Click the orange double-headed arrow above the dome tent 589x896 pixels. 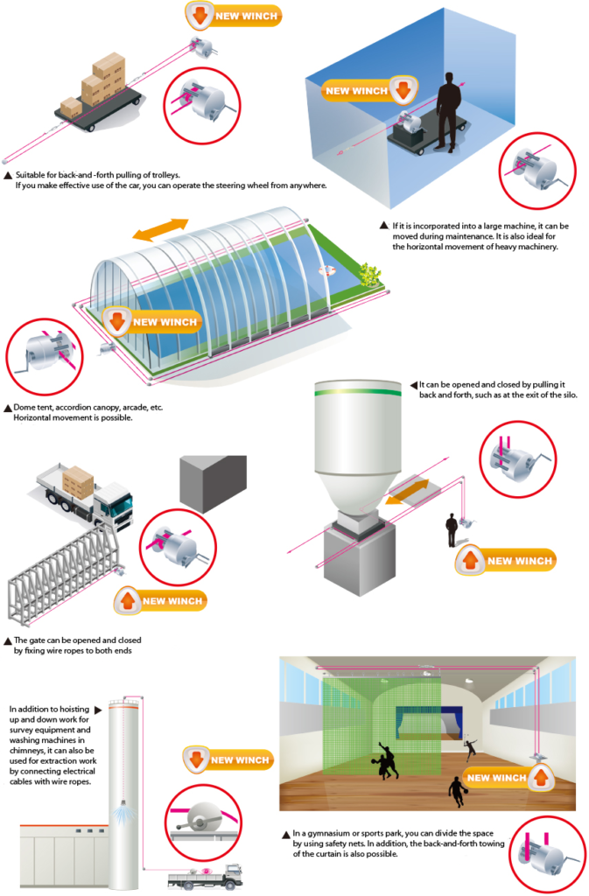coord(161,229)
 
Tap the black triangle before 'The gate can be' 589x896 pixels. coord(8,640)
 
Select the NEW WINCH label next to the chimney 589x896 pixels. coord(227,759)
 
